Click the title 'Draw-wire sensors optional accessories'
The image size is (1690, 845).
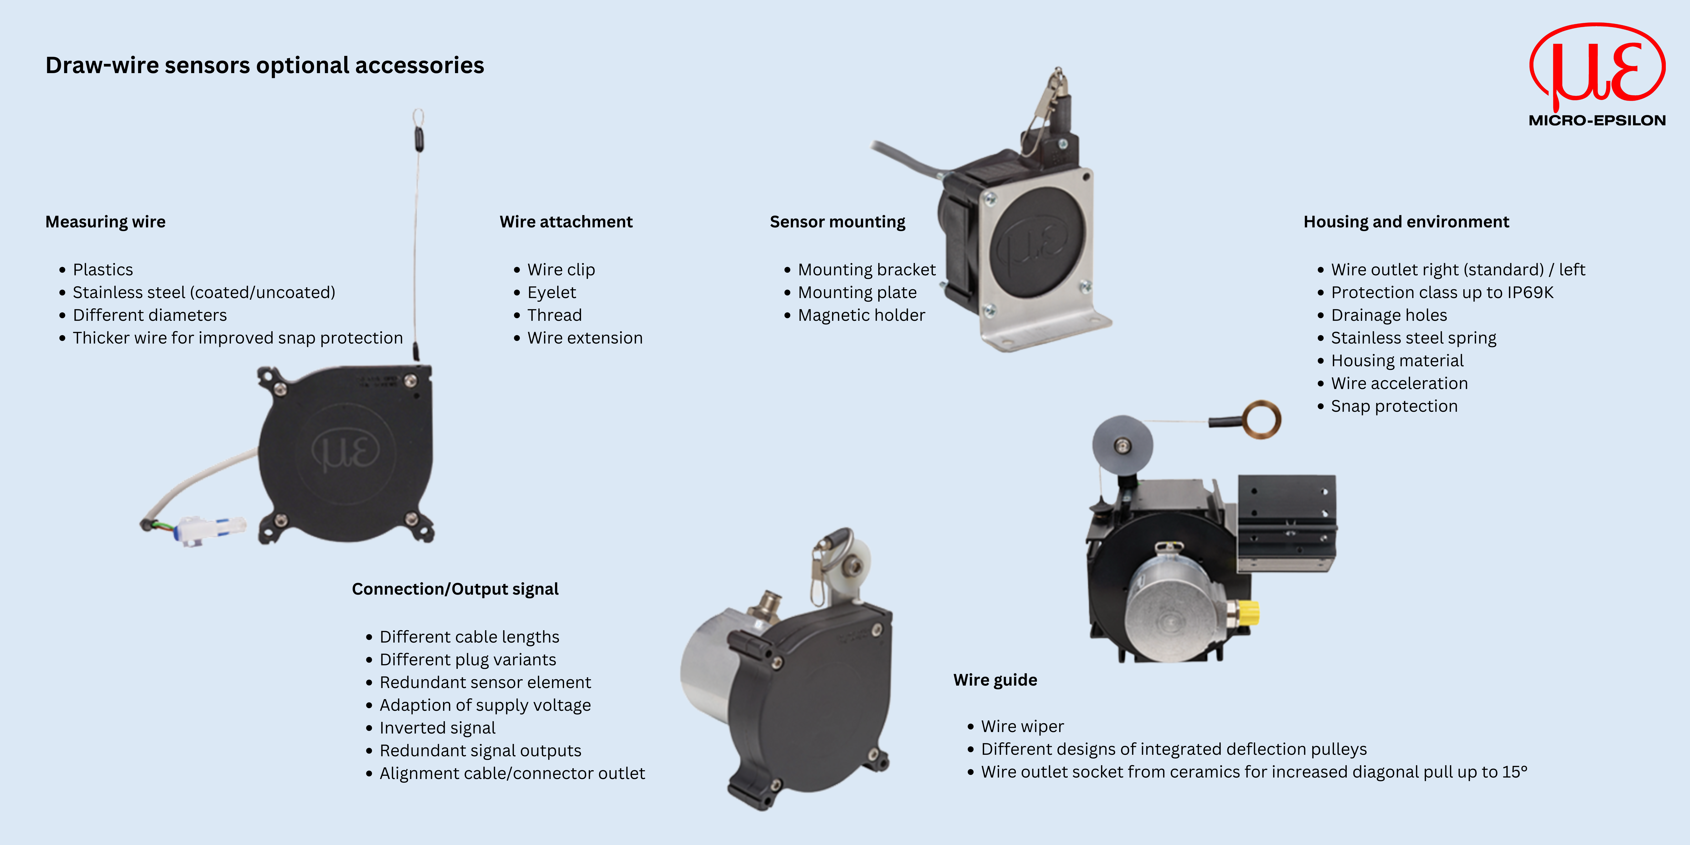pyautogui.click(x=264, y=66)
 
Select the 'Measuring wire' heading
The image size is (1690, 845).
pyautogui.click(x=105, y=222)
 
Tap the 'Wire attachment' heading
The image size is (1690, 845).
pyautogui.click(x=566, y=222)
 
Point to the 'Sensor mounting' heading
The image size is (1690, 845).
pyautogui.click(x=837, y=222)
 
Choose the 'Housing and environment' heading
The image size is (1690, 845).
pyautogui.click(x=1406, y=222)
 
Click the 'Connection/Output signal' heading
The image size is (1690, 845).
pyautogui.click(x=455, y=589)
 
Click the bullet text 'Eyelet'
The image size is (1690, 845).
pyautogui.click(x=551, y=293)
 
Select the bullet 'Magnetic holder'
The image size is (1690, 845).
pyautogui.click(x=861, y=316)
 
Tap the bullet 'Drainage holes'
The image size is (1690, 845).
pyautogui.click(x=1388, y=316)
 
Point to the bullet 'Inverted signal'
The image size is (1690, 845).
pyautogui.click(x=437, y=728)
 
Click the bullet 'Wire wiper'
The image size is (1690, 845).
pyautogui.click(x=1022, y=726)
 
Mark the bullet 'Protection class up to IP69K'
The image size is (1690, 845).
pyautogui.click(x=1441, y=293)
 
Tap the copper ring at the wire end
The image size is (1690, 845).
pyautogui.click(x=1262, y=419)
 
